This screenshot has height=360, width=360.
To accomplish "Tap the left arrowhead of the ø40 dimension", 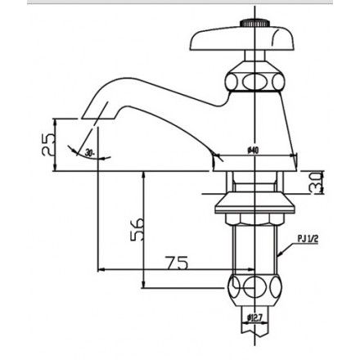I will coord(216,157).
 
